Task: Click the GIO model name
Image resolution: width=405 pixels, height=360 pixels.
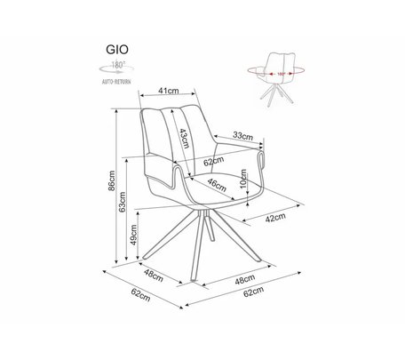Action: tap(117, 50)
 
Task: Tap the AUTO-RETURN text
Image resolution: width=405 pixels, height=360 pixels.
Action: tap(116, 82)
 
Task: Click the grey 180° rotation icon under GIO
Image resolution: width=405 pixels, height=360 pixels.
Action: tap(116, 68)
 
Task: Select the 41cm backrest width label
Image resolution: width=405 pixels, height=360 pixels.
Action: tap(169, 91)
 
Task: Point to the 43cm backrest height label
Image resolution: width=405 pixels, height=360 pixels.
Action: tap(184, 138)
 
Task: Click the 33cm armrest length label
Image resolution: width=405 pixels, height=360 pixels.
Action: tap(242, 136)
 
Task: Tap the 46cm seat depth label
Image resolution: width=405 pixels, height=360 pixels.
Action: tap(217, 185)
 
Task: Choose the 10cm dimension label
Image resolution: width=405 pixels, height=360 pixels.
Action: tap(243, 179)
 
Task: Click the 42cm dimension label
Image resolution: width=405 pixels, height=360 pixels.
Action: tap(275, 218)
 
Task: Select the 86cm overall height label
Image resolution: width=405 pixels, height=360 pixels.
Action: tap(112, 180)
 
